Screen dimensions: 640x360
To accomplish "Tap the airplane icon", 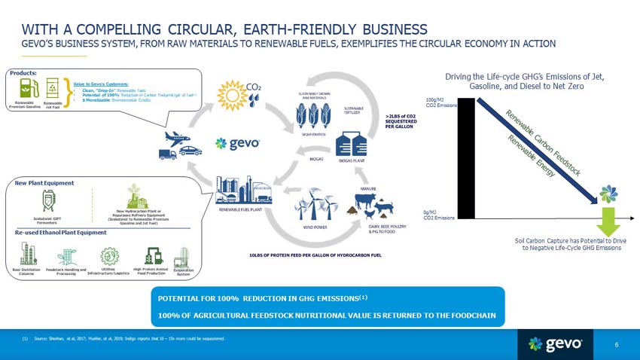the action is tap(175, 137).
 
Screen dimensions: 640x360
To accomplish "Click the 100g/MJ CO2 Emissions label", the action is tap(440, 102).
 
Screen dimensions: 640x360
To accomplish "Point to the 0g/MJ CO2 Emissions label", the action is tap(438, 215).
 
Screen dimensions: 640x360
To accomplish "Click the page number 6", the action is tap(616, 345).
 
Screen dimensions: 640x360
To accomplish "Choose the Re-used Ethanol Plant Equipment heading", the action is tap(61, 233).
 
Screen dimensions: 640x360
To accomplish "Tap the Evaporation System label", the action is tap(184, 272).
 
